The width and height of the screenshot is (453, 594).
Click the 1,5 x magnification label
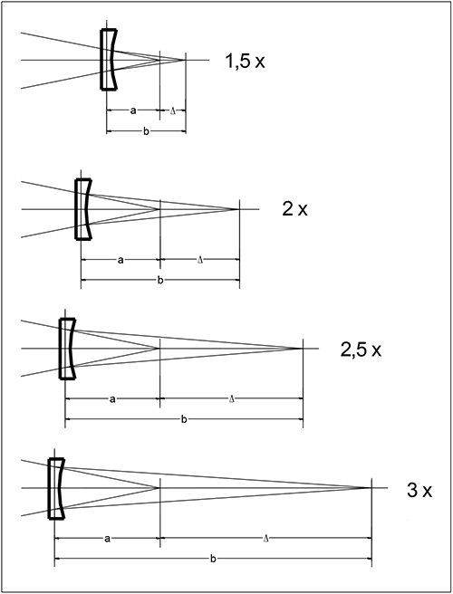(x=245, y=61)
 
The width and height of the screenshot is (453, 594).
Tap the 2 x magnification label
(x=295, y=209)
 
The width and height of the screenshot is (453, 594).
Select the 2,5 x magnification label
(x=361, y=350)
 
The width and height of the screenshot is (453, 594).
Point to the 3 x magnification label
(x=419, y=490)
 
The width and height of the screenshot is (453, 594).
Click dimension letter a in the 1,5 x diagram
(x=133, y=110)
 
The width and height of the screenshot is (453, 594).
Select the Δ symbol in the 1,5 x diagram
(x=173, y=111)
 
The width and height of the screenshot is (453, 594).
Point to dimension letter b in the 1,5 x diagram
(x=147, y=131)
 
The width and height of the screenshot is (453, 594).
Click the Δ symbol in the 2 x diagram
(x=200, y=260)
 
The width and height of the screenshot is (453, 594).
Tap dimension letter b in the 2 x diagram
(x=160, y=281)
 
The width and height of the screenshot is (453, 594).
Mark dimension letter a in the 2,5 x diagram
(x=112, y=399)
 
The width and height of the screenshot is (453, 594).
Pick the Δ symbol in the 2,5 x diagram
(x=232, y=399)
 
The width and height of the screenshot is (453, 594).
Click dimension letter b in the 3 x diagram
(x=213, y=559)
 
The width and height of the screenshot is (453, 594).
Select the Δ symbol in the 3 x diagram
(x=265, y=538)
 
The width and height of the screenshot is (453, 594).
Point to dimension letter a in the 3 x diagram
(x=107, y=539)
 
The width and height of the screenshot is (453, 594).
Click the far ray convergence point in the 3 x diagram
(x=370, y=487)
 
